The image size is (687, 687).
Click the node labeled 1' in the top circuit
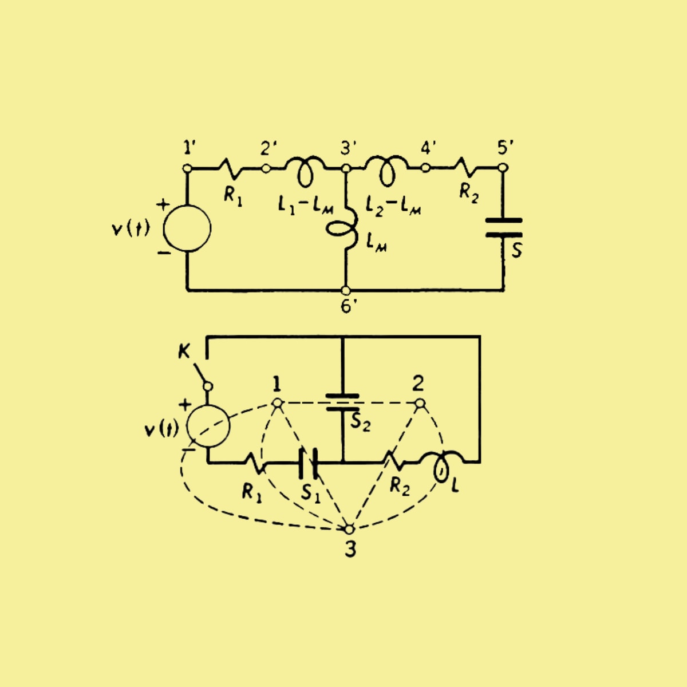[x=187, y=168]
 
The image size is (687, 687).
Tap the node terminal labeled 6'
[x=345, y=291]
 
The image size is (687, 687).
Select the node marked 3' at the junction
[x=345, y=168]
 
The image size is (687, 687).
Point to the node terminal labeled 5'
[x=503, y=168]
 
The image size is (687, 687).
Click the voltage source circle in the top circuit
[x=187, y=228]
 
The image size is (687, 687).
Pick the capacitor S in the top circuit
[x=504, y=227]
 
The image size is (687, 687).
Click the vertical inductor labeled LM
[x=343, y=228]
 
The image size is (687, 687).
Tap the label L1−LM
[x=306, y=207]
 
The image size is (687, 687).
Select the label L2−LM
[x=393, y=207]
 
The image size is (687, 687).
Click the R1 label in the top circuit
[x=233, y=196]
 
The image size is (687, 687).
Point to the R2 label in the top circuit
[x=469, y=194]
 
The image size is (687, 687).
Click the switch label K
[x=184, y=352]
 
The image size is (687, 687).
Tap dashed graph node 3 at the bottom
[x=349, y=529]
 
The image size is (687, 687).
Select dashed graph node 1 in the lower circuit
[x=277, y=403]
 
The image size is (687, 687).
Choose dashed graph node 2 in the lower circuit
[x=420, y=403]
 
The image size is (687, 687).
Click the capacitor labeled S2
[x=342, y=402]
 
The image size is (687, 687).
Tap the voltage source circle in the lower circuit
[x=208, y=426]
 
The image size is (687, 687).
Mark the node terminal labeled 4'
[x=425, y=168]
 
